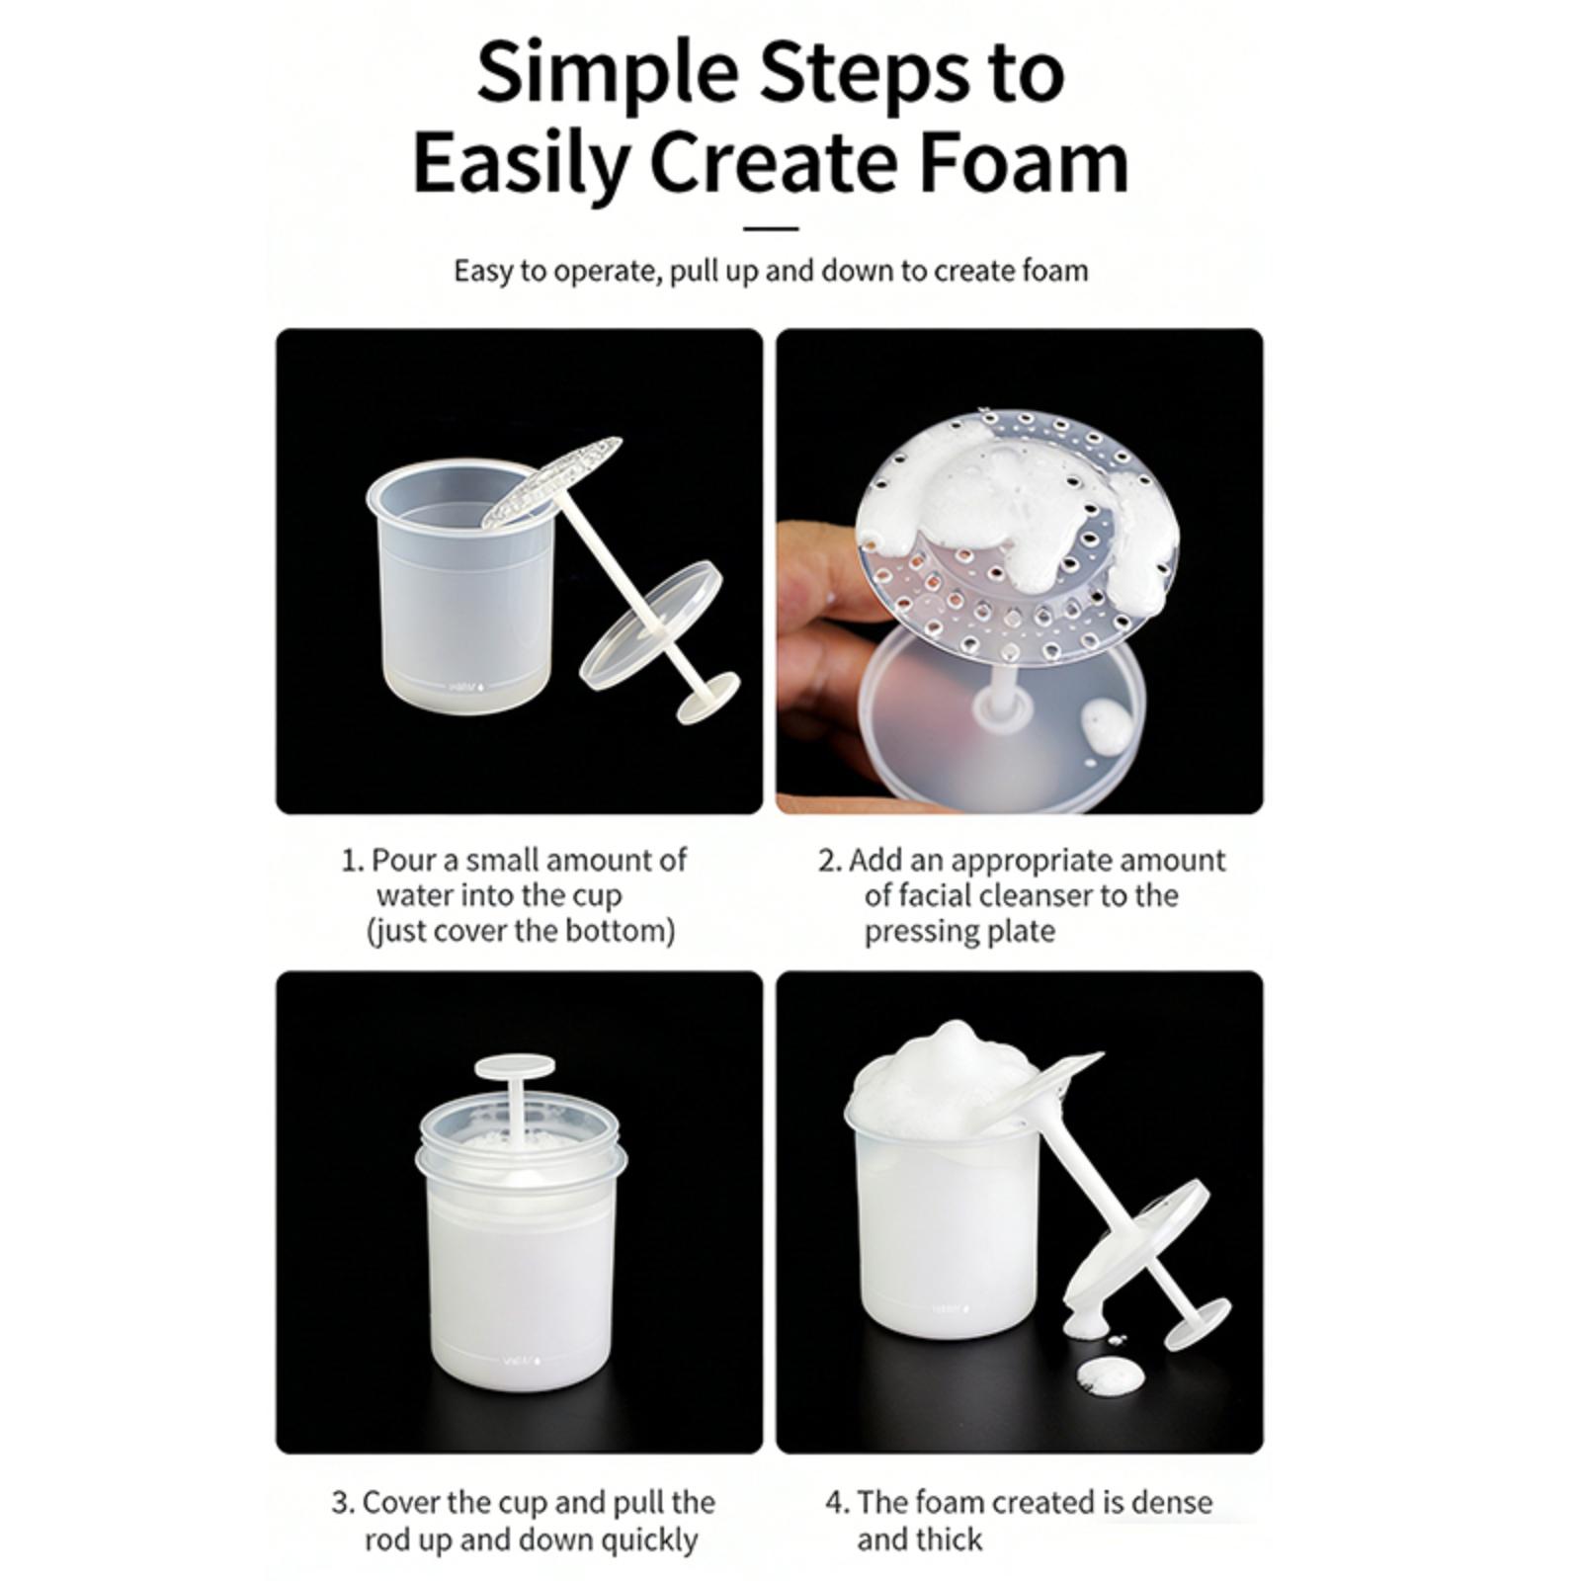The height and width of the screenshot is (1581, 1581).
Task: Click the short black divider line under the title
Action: point(770,228)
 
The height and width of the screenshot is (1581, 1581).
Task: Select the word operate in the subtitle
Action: point(604,272)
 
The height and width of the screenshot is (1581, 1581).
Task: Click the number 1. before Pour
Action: point(353,861)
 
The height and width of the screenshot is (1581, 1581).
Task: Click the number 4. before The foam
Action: point(837,1503)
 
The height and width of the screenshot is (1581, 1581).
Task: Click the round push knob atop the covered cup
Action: point(515,1067)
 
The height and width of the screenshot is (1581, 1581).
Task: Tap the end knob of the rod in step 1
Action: point(707,698)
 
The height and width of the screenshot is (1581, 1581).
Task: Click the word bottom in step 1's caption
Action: point(623,931)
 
